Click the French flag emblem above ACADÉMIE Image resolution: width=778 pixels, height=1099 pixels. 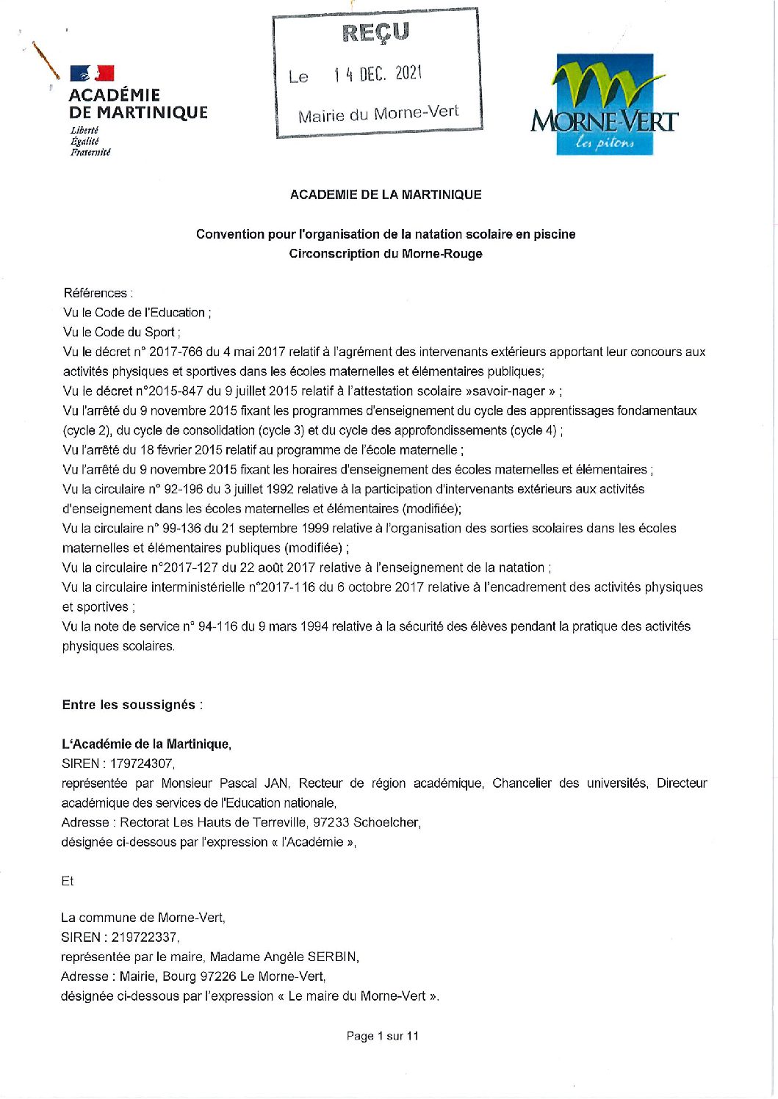tap(92, 73)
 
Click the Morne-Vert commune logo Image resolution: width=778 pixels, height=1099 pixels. tap(604, 104)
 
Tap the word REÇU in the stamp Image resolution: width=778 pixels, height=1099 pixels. tap(375, 32)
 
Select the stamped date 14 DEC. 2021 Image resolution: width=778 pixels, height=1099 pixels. tap(378, 73)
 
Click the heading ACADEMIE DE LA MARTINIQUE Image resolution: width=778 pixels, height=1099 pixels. tap(386, 195)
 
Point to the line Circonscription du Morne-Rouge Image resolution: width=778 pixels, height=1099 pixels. tap(386, 254)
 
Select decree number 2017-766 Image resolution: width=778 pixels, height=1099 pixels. tap(176, 352)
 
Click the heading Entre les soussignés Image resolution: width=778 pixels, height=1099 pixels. tap(129, 705)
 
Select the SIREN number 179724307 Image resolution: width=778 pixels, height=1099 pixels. tap(142, 764)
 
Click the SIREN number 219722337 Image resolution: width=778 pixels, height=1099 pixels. tap(144, 937)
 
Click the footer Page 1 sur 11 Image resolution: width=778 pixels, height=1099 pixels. tap(382, 1036)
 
